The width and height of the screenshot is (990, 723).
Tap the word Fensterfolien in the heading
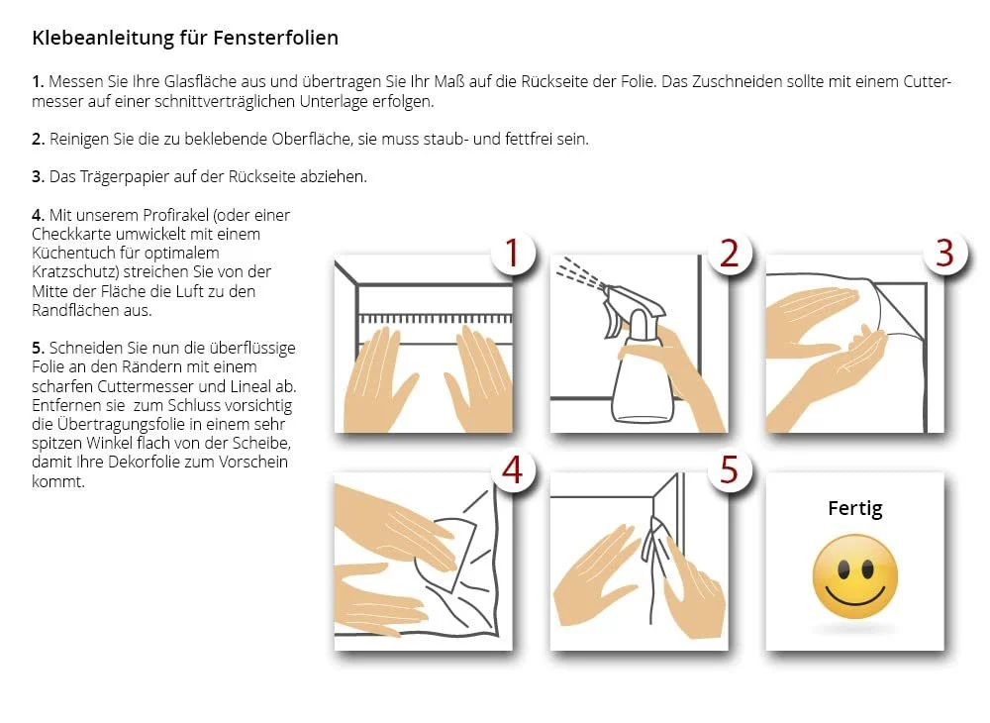click(x=275, y=38)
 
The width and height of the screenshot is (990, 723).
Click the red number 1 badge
click(x=513, y=254)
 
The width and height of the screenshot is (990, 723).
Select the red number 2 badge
click(x=730, y=254)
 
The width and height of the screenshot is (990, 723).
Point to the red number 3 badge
click(x=944, y=253)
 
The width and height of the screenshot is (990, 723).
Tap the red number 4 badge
click(x=513, y=469)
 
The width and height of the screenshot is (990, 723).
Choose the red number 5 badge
click(x=730, y=469)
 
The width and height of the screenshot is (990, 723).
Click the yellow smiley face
click(x=855, y=576)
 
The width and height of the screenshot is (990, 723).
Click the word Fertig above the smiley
click(x=855, y=508)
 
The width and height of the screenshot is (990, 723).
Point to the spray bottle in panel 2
click(x=639, y=357)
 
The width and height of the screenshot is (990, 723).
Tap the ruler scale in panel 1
click(x=435, y=318)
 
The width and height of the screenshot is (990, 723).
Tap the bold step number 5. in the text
click(x=39, y=348)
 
